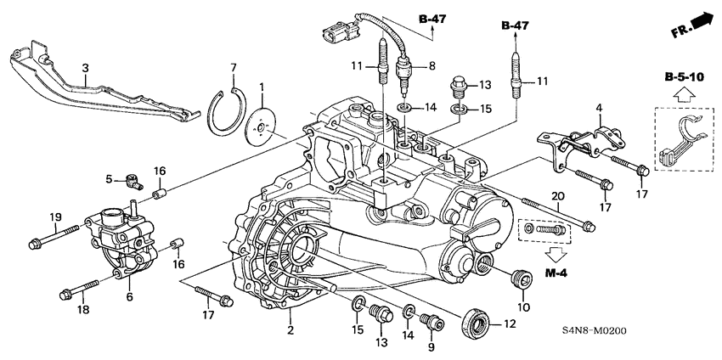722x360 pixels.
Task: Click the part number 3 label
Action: pos(85,67)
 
